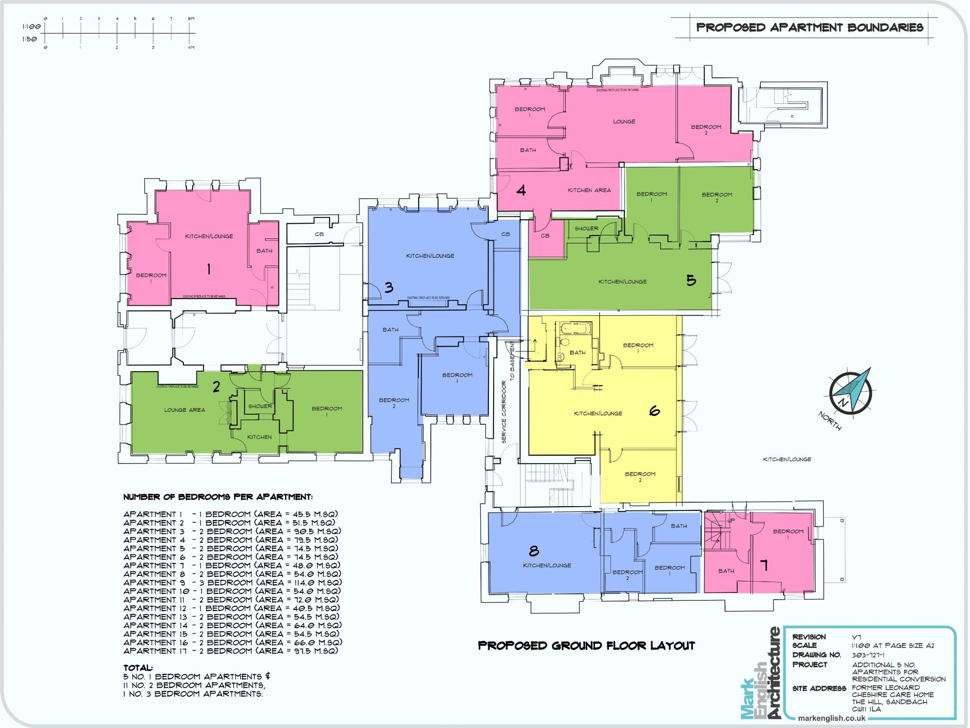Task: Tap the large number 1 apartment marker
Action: coord(208,270)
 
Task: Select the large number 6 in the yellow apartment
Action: coord(654,411)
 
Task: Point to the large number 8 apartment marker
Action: coord(534,551)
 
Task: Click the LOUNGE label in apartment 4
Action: coord(624,122)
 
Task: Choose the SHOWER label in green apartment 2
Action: coord(260,406)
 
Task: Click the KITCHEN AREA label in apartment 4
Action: coord(589,190)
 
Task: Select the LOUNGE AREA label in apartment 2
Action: coord(184,410)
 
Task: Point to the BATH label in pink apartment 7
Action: coord(726,571)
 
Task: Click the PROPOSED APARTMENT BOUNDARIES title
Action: coord(809,27)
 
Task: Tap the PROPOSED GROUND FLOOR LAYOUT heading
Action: coord(586,646)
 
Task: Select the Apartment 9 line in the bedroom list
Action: coord(232,582)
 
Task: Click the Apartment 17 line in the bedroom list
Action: coord(231,651)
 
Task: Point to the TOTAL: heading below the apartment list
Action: coord(138,667)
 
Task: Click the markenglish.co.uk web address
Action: coord(831,718)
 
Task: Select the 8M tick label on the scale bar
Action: coord(191,18)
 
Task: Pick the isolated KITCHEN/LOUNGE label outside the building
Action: coord(787,459)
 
